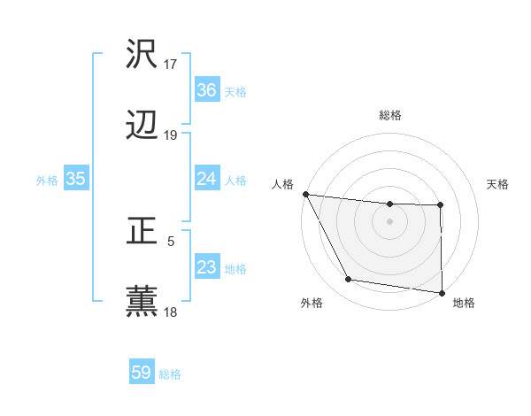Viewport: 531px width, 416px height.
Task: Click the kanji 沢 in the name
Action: click(x=142, y=55)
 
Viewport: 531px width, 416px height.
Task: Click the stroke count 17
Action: click(x=171, y=65)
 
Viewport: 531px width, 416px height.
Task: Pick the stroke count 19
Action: click(x=171, y=135)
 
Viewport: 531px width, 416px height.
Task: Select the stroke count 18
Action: click(x=171, y=312)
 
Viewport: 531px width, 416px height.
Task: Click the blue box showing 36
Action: click(x=207, y=90)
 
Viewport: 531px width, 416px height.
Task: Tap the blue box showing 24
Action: click(x=207, y=179)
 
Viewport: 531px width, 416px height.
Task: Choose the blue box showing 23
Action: click(x=207, y=267)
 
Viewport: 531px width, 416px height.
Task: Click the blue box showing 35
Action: click(x=75, y=179)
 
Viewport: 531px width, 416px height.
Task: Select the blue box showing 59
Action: click(x=142, y=373)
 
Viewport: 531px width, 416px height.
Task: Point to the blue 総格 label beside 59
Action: click(x=170, y=374)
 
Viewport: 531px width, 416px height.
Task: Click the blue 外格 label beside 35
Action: click(x=47, y=180)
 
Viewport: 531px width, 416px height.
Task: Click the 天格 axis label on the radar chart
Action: click(x=497, y=184)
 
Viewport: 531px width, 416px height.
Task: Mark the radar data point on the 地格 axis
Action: click(x=441, y=292)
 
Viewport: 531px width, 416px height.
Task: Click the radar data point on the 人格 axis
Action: click(x=305, y=194)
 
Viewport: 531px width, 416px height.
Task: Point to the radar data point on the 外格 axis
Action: click(x=348, y=280)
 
